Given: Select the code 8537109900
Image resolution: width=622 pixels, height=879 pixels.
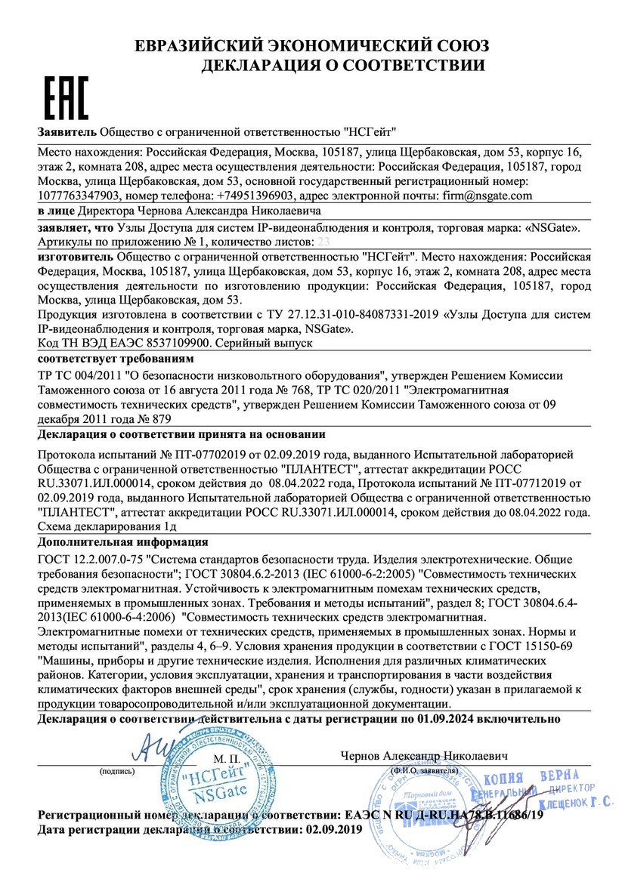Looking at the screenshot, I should click(176, 343).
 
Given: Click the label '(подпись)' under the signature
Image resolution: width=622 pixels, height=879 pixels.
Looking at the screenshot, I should click(116, 772).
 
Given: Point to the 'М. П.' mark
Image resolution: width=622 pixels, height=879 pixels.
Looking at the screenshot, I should click(226, 757).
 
